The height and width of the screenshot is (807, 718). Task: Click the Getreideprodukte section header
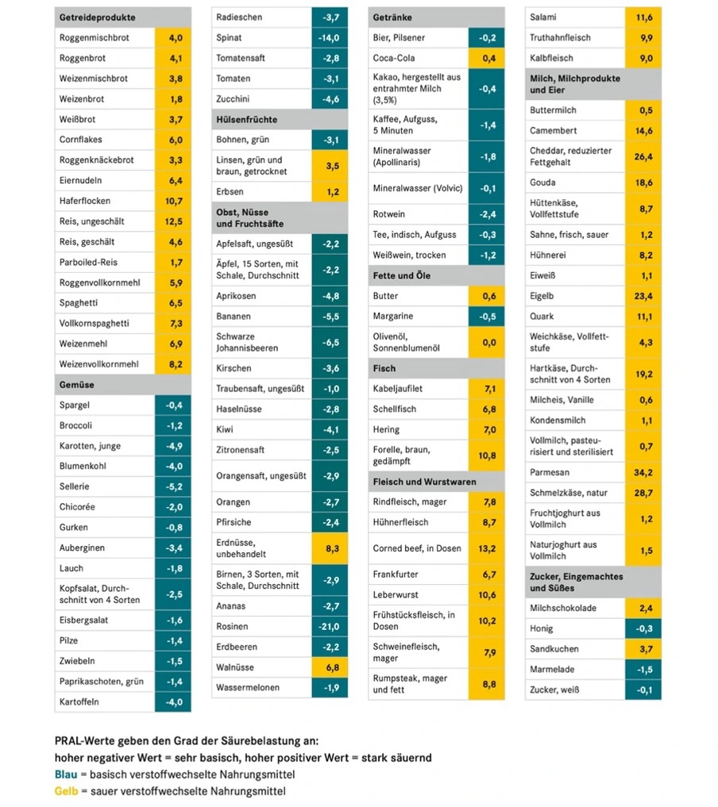[97, 17]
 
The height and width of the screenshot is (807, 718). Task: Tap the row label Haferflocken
[85, 201]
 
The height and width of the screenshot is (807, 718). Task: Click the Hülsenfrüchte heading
[246, 120]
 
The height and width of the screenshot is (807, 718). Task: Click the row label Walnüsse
[235, 667]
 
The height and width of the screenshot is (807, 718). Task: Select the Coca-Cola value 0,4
[486, 58]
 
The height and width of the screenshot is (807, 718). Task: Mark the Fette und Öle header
[401, 275]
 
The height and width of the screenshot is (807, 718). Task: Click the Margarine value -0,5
[486, 316]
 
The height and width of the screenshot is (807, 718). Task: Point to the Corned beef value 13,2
[486, 548]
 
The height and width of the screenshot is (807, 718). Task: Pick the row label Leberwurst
[396, 594]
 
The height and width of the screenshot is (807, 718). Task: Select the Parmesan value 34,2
[644, 472]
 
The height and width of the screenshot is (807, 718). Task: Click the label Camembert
[554, 130]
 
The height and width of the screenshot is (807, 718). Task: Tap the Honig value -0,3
[644, 628]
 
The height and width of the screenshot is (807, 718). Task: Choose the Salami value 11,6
[644, 17]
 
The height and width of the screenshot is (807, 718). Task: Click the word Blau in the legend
[65, 774]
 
